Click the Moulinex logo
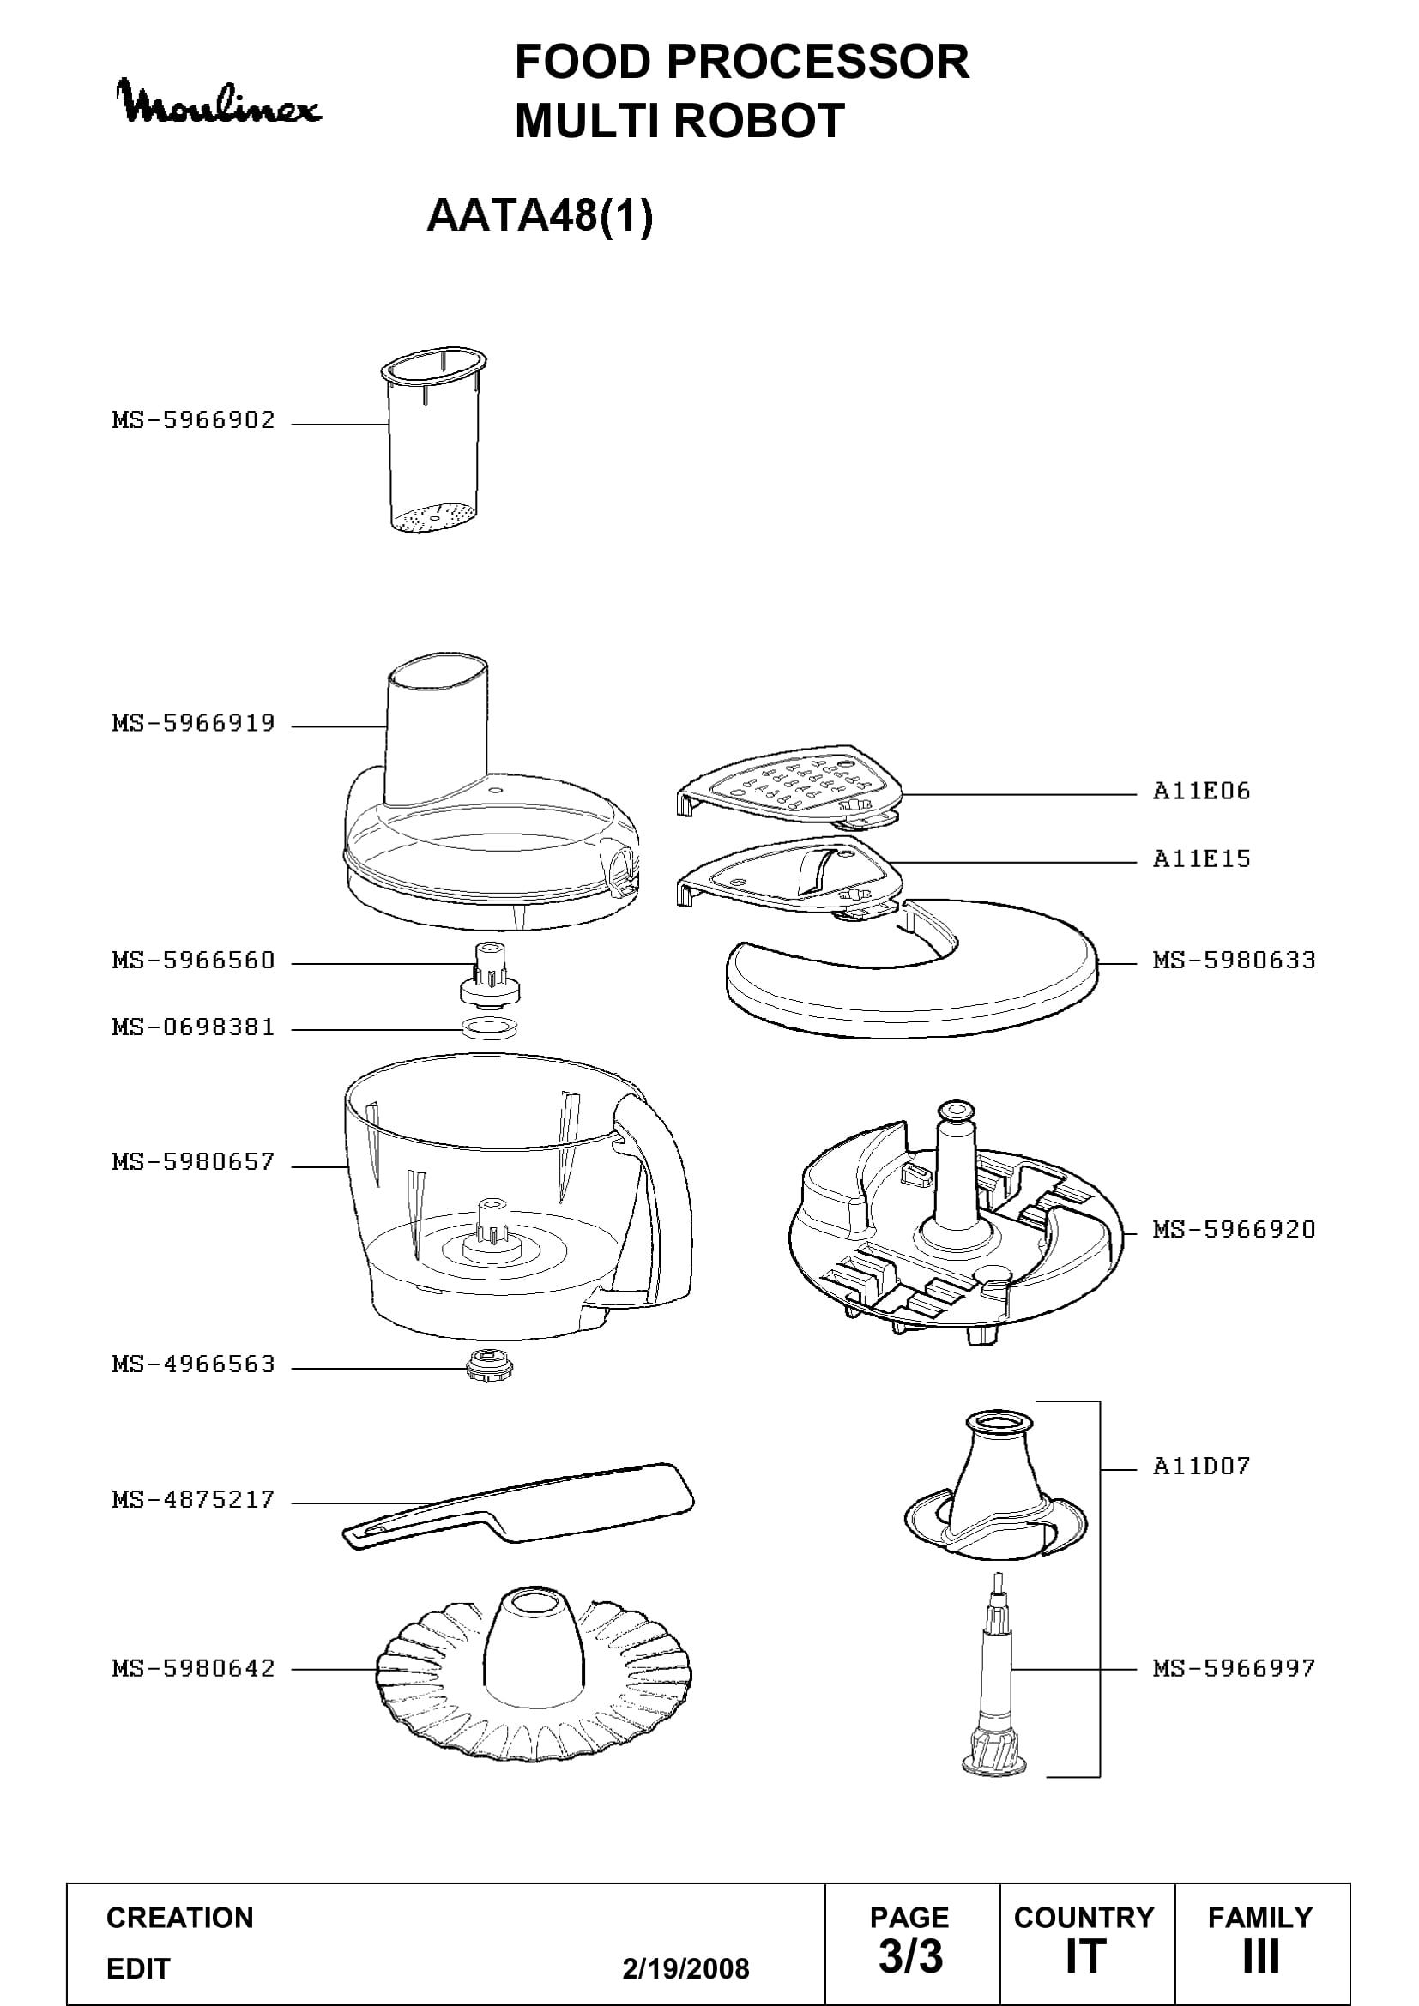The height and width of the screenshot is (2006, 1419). coord(220,102)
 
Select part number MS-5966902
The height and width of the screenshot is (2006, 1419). coord(193,420)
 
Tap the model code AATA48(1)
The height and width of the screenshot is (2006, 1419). coord(539,215)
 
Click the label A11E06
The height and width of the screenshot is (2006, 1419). coord(1201,792)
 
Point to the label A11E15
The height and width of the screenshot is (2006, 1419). coord(1201,858)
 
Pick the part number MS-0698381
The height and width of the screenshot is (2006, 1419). coord(193,1027)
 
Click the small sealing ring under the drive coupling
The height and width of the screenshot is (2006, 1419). coord(490,1027)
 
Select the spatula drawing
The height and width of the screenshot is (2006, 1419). coord(518,1506)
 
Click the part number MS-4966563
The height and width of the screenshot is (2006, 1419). coord(193,1364)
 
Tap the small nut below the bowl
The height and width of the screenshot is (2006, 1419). coord(490,1364)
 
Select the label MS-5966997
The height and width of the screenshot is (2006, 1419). coord(1234,1669)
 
